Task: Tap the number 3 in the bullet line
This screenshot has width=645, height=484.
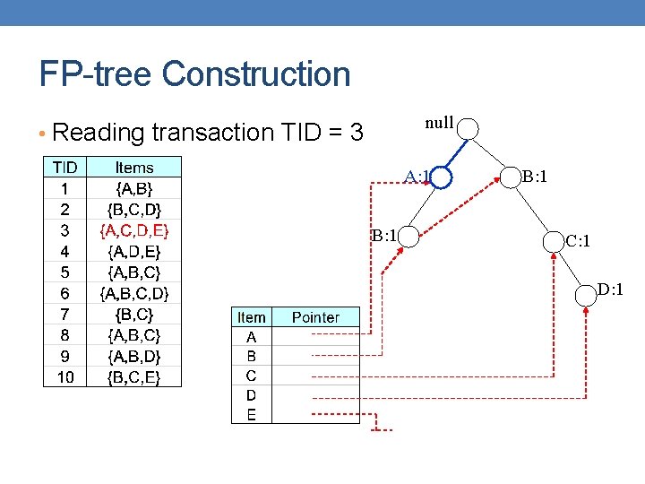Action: [357, 134]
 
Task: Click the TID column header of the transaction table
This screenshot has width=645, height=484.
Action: [64, 168]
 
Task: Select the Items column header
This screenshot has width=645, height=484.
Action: [134, 168]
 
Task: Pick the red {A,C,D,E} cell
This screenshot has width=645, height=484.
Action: [134, 230]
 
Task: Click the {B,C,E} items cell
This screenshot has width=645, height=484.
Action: [134, 377]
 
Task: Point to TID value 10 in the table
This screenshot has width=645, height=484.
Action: [64, 377]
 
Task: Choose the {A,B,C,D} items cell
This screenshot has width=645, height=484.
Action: [134, 293]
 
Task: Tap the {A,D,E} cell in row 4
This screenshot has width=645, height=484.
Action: [134, 252]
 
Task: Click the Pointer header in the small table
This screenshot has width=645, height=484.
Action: [315, 317]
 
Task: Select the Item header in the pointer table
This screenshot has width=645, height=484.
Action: [251, 317]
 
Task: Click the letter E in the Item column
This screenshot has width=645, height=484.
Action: [251, 414]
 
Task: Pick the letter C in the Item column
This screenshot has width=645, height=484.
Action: [251, 376]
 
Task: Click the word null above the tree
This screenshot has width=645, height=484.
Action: [438, 124]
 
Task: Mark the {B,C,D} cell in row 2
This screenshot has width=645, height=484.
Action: [134, 210]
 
